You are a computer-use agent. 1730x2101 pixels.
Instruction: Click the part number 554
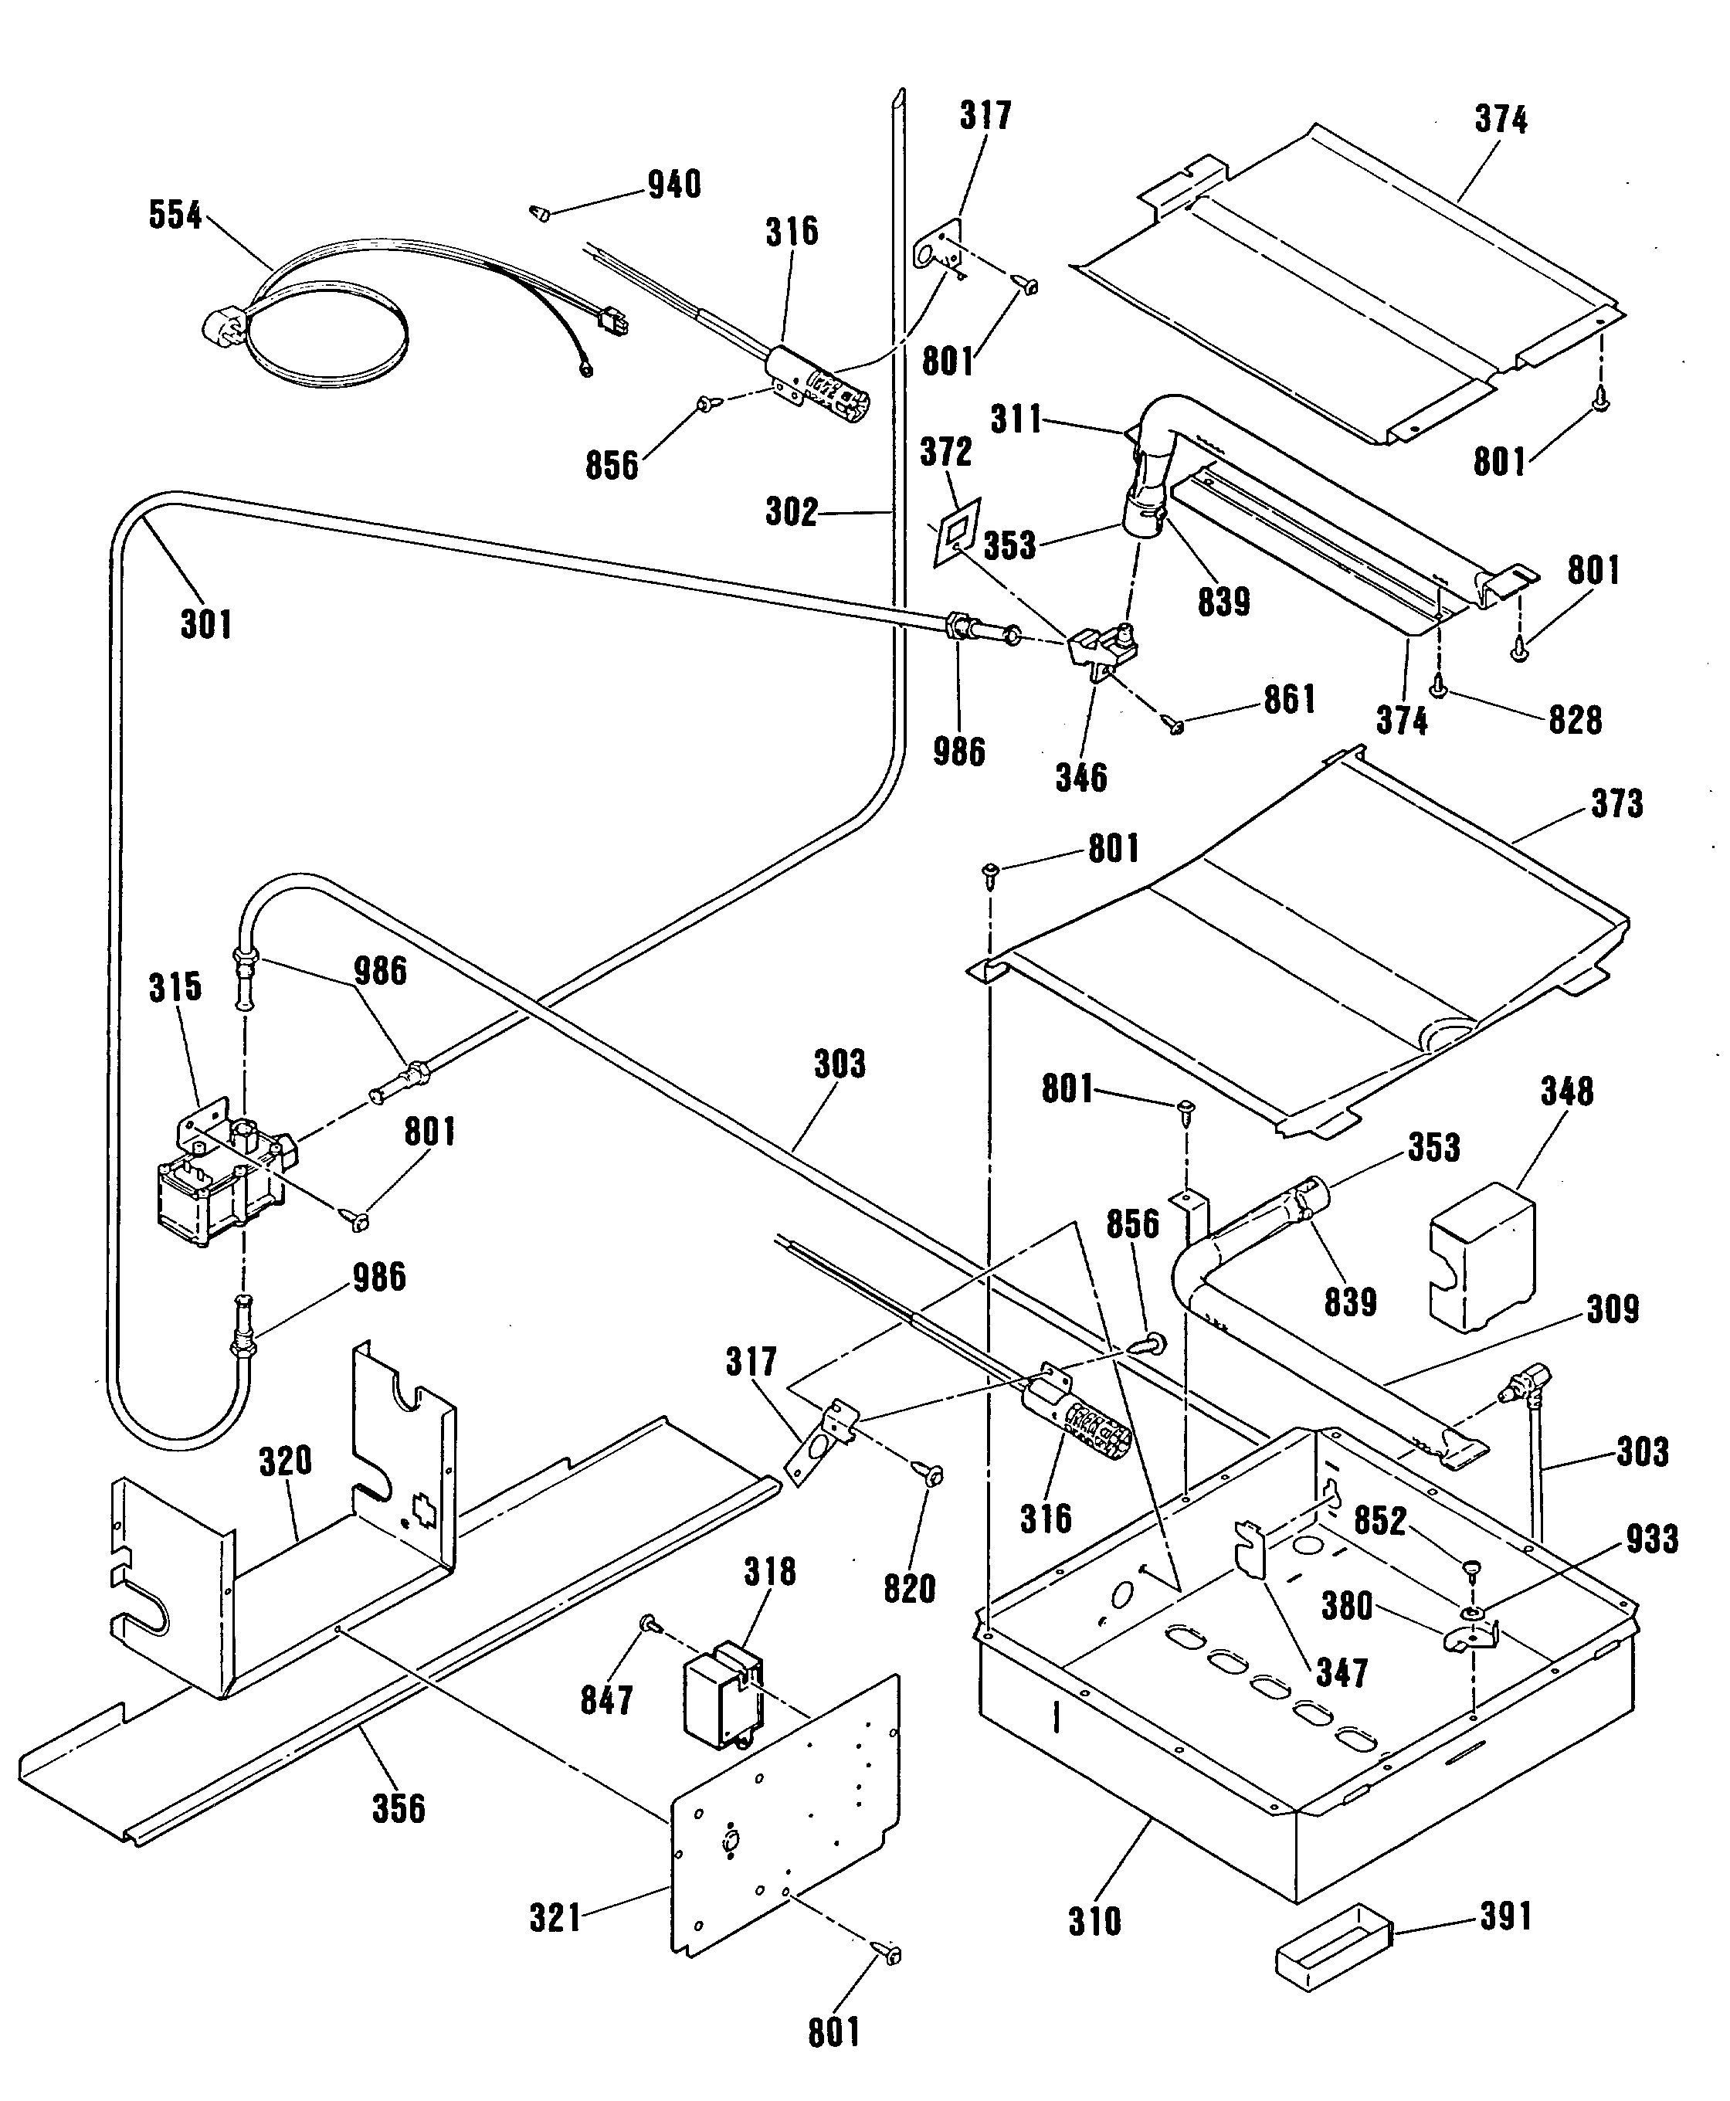pyautogui.click(x=175, y=216)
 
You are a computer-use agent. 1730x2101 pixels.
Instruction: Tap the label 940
pyautogui.click(x=675, y=185)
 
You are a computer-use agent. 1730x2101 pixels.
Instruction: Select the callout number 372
pyautogui.click(x=946, y=452)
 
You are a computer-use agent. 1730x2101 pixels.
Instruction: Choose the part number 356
pyautogui.click(x=399, y=1808)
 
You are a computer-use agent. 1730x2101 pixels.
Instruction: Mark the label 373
pyautogui.click(x=1616, y=803)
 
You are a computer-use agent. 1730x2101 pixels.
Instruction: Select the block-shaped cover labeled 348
pyautogui.click(x=1482, y=1258)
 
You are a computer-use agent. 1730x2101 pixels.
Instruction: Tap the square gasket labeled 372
pyautogui.click(x=955, y=533)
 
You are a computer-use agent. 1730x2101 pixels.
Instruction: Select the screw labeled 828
pyautogui.click(x=1438, y=686)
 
